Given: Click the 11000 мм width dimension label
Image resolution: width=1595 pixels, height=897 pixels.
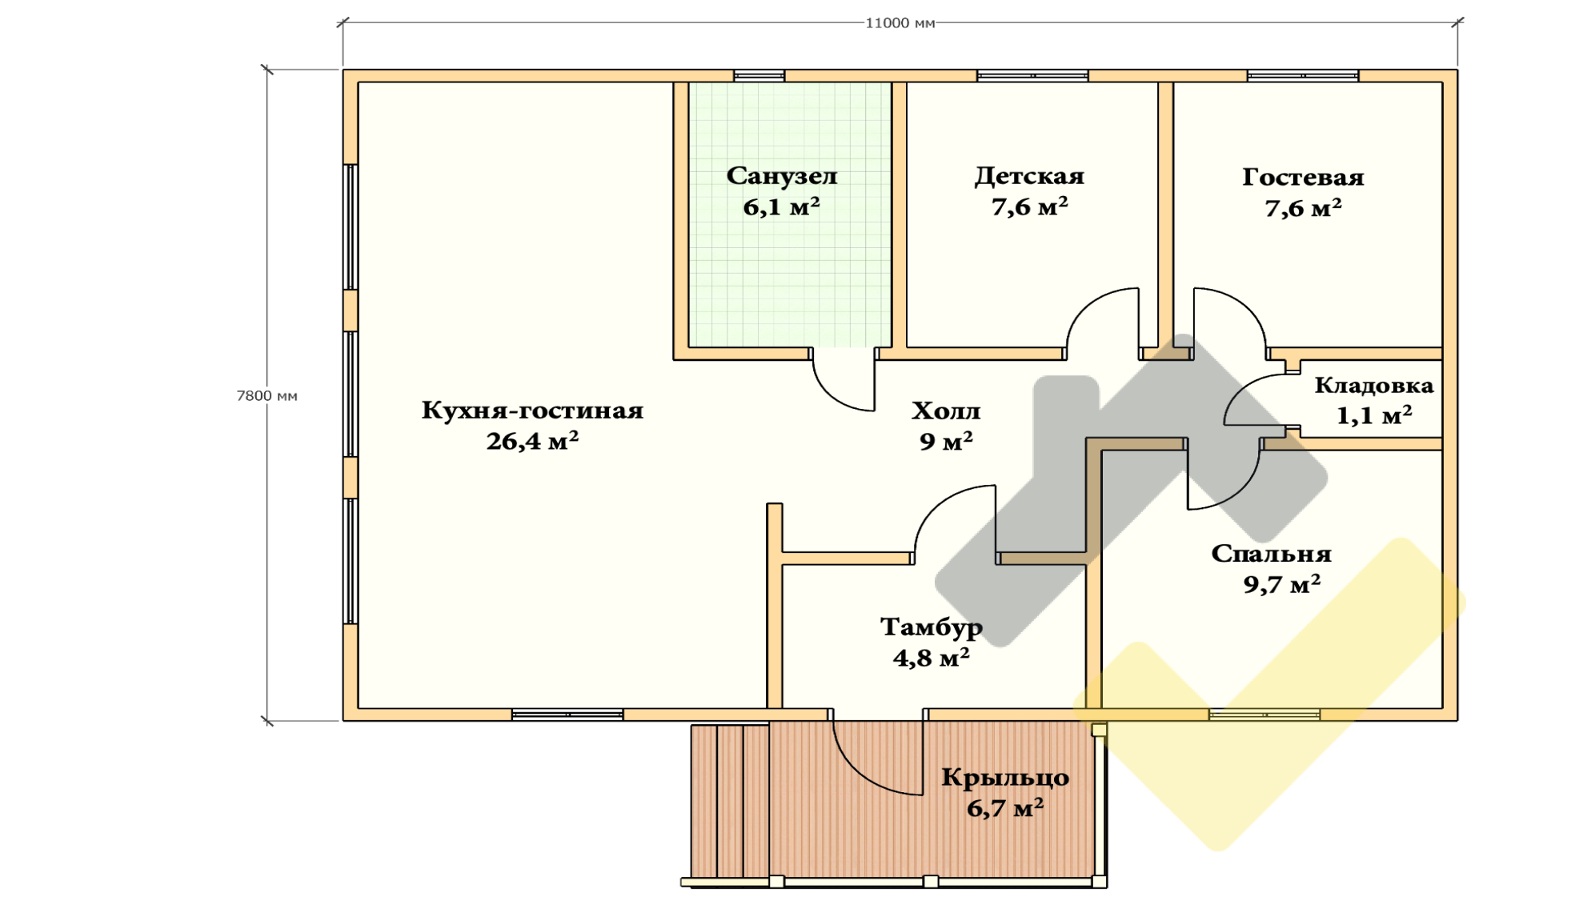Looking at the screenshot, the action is [900, 23].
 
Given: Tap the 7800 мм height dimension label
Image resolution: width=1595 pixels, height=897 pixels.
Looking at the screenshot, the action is [267, 395].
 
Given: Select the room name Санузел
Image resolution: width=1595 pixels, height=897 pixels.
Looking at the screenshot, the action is [782, 176].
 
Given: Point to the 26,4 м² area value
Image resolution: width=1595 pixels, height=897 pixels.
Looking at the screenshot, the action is [532, 441].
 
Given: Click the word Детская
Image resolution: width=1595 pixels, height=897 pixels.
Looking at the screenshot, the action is [1029, 176].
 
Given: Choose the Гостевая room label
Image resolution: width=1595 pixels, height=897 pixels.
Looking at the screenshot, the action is [1303, 177].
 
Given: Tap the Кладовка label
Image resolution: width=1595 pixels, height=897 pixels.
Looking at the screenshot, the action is [1374, 386].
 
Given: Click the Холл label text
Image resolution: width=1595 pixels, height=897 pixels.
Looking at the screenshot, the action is [946, 411].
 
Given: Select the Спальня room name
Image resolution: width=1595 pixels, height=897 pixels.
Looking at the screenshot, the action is [1271, 554].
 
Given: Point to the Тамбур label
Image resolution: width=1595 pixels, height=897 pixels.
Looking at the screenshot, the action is [932, 627].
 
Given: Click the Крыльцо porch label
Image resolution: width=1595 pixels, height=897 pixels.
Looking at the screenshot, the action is [1005, 778].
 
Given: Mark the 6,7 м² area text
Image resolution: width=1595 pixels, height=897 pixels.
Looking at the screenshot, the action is [1005, 808].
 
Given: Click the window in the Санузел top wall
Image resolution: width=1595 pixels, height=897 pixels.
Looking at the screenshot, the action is [759, 76].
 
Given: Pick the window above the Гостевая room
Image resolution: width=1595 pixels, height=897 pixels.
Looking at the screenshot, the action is [1303, 76].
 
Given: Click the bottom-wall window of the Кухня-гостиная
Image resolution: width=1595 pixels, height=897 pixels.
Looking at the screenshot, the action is [567, 715].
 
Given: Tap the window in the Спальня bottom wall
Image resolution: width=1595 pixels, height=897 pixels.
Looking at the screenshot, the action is [1264, 715].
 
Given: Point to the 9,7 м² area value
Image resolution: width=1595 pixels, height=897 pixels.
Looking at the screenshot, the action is [1281, 585].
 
